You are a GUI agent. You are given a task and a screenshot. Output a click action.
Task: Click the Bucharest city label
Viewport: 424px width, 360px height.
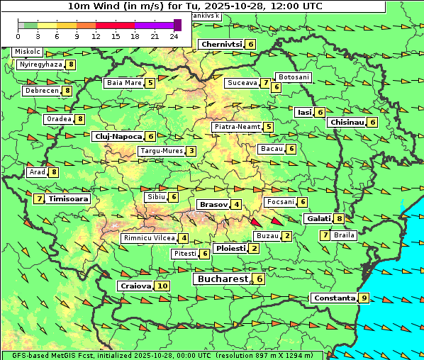pos(222,279)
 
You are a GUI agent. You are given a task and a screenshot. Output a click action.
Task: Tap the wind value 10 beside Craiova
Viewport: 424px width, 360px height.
pos(162,286)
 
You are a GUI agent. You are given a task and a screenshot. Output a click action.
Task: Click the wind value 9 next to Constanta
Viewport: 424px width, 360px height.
pos(364,298)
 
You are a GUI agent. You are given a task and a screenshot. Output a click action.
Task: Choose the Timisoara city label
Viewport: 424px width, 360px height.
pos(68,199)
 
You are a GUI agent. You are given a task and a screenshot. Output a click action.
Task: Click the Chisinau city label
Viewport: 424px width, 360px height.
pos(347,122)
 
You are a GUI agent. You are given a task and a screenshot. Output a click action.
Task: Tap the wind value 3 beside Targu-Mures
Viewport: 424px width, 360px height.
pos(191,151)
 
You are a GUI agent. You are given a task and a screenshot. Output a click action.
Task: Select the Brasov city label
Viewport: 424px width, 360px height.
pos(213,204)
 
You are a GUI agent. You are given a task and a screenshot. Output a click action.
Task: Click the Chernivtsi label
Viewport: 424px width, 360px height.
pos(221,44)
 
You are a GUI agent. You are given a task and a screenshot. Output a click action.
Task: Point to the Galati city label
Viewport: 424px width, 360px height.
pos(318,219)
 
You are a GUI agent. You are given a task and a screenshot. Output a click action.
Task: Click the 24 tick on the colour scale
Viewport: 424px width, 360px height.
pos(173,36)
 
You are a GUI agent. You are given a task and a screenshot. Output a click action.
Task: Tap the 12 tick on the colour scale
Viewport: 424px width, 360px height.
pos(96,36)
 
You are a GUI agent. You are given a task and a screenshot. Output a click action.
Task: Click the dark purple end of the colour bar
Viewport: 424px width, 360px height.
pos(177,25)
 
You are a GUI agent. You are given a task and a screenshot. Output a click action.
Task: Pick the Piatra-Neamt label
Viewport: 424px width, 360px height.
pos(237,127)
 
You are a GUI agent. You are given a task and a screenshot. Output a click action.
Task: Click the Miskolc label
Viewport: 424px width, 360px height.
pos(27,52)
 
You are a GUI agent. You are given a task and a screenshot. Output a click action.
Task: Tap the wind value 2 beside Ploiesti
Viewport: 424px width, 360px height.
pos(254,248)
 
